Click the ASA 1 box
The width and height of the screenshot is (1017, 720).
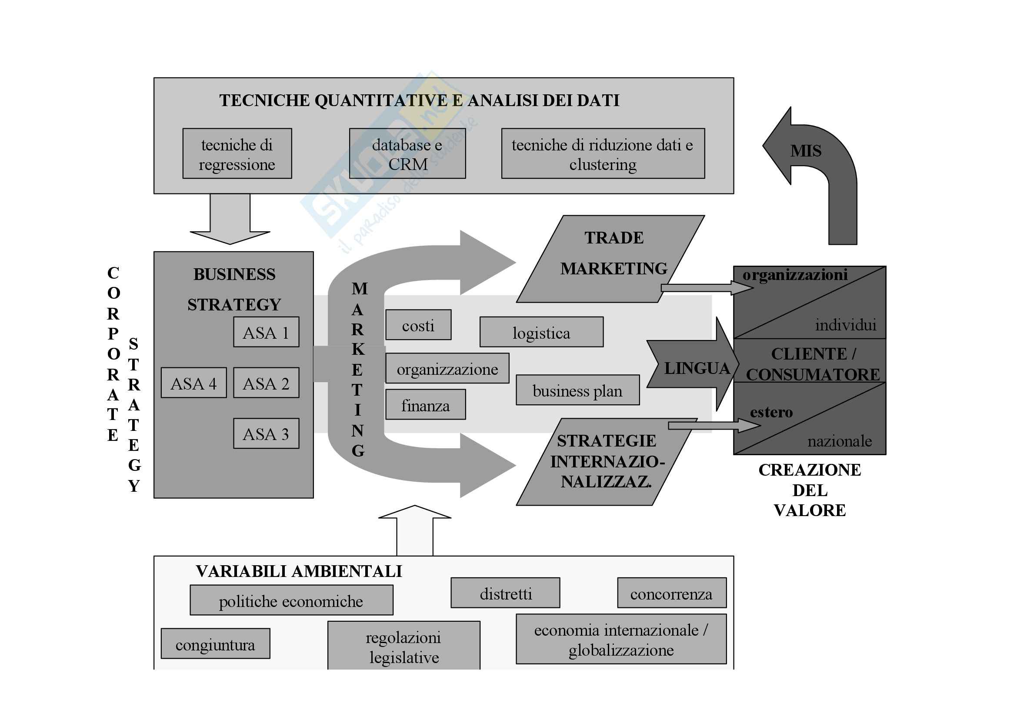pyautogui.click(x=266, y=332)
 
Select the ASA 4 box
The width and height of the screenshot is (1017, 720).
pyautogui.click(x=194, y=383)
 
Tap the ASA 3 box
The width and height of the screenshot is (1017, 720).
pyautogui.click(x=266, y=433)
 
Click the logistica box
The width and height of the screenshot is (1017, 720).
pyautogui.click(x=541, y=332)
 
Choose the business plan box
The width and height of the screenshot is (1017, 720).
pyautogui.click(x=577, y=390)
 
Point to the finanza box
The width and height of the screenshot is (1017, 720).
pyautogui.click(x=425, y=405)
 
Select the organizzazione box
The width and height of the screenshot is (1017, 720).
pyautogui.click(x=447, y=368)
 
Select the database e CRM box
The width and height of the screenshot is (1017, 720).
pyautogui.click(x=407, y=154)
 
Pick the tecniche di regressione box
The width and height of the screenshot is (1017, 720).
pyautogui.click(x=237, y=154)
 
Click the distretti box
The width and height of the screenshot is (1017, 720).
pyautogui.click(x=505, y=593)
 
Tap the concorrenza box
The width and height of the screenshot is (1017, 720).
pyautogui.click(x=671, y=593)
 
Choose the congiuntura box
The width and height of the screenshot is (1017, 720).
pyautogui.click(x=215, y=644)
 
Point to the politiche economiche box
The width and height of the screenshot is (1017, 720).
pyautogui.click(x=291, y=600)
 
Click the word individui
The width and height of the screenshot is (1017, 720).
pyautogui.click(x=845, y=325)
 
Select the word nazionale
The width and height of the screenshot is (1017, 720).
pyautogui.click(x=839, y=441)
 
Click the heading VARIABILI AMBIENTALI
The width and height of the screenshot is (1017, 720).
pyautogui.click(x=299, y=571)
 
